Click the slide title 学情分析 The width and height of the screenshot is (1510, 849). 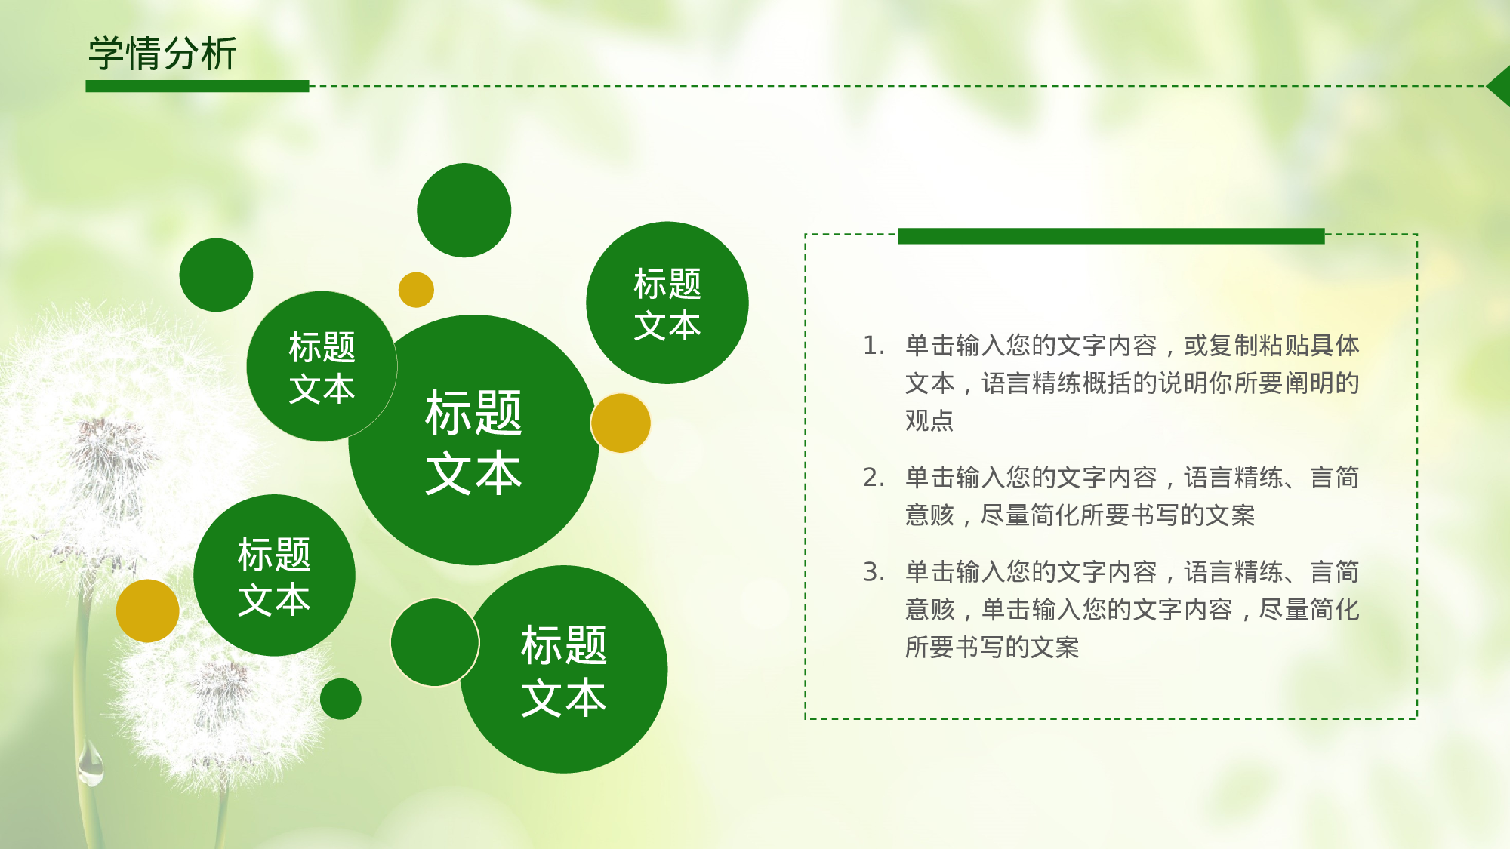(162, 54)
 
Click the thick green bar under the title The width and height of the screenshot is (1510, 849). (197, 86)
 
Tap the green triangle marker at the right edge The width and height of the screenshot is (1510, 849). (1500, 86)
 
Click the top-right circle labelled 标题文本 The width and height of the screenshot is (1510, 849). (667, 303)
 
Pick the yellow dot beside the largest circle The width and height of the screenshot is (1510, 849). (621, 423)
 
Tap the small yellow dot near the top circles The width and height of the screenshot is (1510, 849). (416, 290)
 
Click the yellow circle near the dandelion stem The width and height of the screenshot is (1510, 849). (147, 611)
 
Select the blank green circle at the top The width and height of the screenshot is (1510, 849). (464, 211)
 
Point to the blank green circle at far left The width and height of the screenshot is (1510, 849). (216, 275)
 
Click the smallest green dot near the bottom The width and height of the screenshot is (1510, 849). (341, 699)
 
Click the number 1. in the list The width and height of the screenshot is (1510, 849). (874, 346)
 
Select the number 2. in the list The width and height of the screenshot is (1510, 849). (874, 478)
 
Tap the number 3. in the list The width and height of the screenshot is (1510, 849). (874, 573)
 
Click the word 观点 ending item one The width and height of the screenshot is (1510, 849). (929, 421)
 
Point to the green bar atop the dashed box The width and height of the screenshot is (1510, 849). (1111, 236)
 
